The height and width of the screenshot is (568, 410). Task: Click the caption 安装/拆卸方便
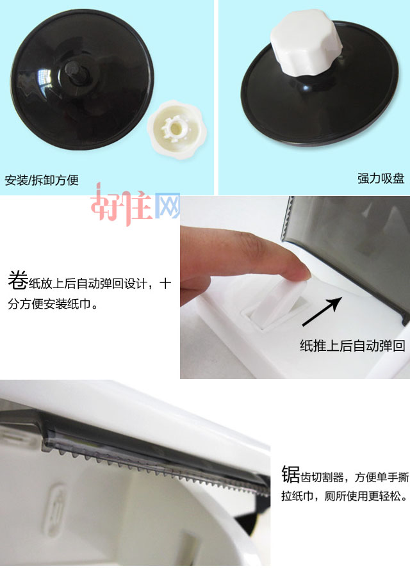[42, 180]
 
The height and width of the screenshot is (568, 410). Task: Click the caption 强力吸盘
[381, 179]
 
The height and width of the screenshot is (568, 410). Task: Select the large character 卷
[17, 280]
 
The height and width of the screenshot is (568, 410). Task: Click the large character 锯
[290, 475]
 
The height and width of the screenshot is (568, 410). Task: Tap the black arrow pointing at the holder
[322, 312]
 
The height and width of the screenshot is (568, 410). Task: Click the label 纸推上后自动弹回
[352, 346]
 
